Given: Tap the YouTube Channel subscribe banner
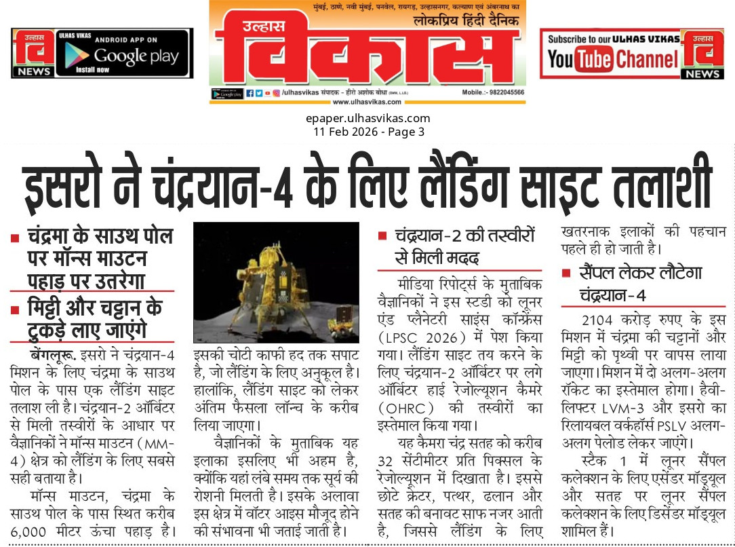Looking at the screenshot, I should click(612, 54).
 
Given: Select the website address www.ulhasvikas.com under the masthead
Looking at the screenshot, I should click(367, 102).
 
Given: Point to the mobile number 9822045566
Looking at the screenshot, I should click(502, 92).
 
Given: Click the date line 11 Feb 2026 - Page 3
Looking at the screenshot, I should click(367, 132).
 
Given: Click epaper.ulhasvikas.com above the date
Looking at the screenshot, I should click(367, 119).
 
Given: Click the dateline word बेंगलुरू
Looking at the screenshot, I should click(54, 354).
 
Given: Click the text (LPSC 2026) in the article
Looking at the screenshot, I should click(418, 337).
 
